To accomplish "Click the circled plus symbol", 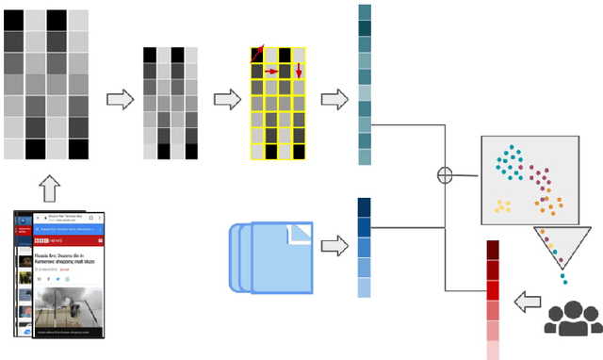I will pyautogui.click(x=445, y=174).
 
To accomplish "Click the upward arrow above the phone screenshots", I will pyautogui.click(x=50, y=191).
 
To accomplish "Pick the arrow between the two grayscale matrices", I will pyautogui.click(x=120, y=98).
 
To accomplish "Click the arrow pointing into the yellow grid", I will pyautogui.click(x=226, y=98).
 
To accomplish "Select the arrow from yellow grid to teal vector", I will pyautogui.click(x=334, y=98).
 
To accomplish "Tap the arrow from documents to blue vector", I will pyautogui.click(x=334, y=247).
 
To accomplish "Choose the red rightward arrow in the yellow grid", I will pyautogui.click(x=271, y=71).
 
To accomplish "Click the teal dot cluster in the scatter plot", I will pyautogui.click(x=510, y=163).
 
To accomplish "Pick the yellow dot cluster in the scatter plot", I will pyautogui.click(x=502, y=205).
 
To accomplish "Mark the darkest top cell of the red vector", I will pyautogui.click(x=493, y=250).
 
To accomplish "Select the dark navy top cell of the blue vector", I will pyautogui.click(x=365, y=207).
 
